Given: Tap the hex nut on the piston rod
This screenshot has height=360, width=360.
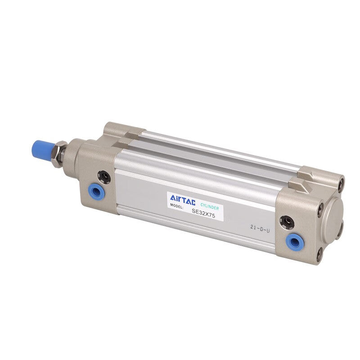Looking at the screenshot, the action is point(59,154).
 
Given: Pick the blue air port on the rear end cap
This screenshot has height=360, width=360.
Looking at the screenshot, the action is point(295,242).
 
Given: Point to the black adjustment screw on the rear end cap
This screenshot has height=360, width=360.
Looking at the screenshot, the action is point(287,221).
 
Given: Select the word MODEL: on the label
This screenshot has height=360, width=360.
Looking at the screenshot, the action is point(177,206).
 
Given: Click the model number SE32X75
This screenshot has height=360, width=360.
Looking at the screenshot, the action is point(203,213).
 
